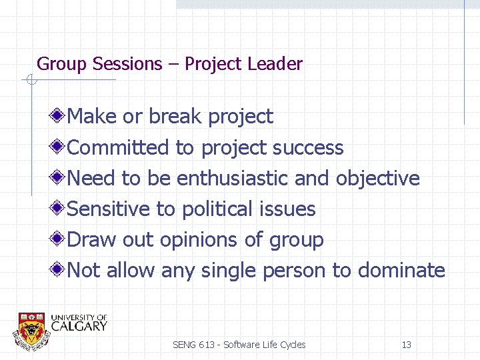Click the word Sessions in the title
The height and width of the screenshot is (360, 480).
point(127,64)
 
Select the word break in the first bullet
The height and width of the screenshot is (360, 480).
point(176,117)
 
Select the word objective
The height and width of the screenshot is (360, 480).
point(377,178)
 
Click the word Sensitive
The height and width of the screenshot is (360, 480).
point(109,209)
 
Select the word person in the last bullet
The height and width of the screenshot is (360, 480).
point(294,271)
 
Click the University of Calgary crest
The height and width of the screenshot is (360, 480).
point(31,329)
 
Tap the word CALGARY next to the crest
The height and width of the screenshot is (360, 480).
point(79,326)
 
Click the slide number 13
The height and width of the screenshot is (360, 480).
point(406,345)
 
